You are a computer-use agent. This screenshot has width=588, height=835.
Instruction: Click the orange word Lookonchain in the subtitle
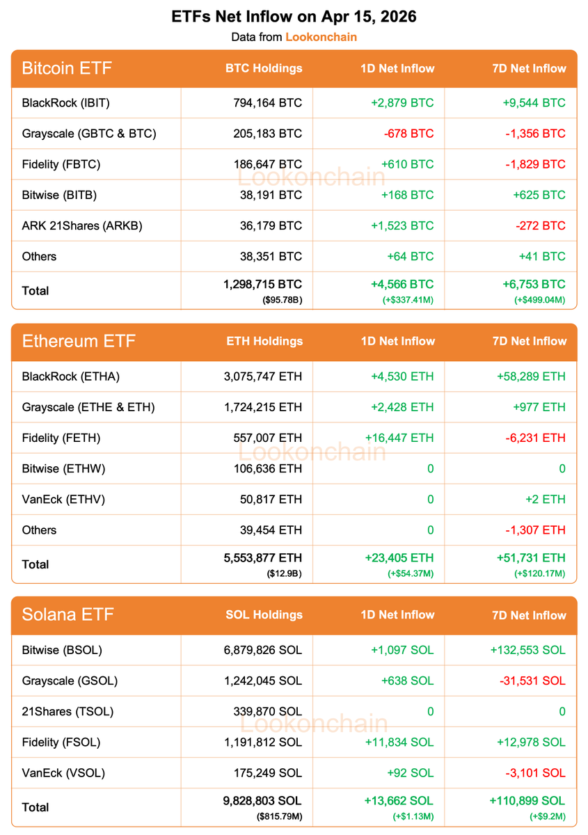point(321,37)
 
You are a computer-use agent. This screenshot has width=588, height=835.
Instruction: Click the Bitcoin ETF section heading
point(67,68)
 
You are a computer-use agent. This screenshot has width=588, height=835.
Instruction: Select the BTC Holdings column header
point(264,68)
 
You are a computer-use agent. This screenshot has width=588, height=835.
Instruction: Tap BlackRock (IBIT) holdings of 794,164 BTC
point(268,103)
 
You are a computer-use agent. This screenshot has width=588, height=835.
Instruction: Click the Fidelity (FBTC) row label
point(61,164)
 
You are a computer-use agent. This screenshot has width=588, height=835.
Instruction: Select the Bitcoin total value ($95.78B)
point(283,301)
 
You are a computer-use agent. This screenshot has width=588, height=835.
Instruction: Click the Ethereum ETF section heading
point(79,342)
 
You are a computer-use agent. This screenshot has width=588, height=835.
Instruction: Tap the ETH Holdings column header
point(264,342)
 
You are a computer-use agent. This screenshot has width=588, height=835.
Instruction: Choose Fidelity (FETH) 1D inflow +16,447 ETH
point(399,438)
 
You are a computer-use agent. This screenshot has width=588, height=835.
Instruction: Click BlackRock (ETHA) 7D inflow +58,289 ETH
point(531,376)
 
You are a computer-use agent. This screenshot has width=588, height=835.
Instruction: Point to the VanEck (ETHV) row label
point(64,499)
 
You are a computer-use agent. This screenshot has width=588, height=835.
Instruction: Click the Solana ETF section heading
point(67,615)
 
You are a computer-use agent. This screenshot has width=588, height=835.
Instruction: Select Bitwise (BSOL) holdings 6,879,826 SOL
point(263,650)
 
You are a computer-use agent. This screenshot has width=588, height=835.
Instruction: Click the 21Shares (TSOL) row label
point(67,711)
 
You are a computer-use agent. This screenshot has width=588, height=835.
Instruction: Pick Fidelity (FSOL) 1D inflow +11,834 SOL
point(399,742)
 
